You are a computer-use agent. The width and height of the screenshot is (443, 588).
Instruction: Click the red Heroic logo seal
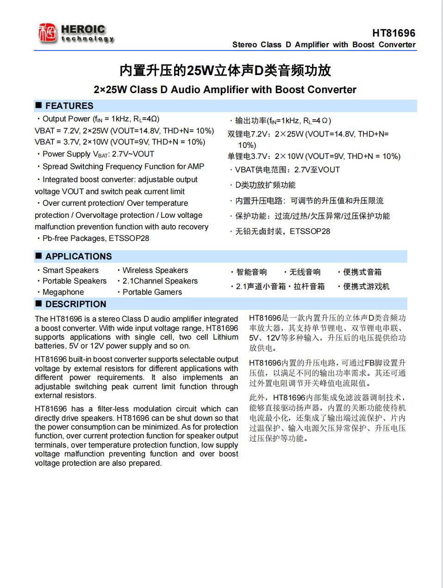[x=47, y=33]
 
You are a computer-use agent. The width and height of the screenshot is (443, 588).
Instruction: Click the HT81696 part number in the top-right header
[x=393, y=33]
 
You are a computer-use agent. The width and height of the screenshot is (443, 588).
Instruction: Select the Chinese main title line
[x=225, y=70]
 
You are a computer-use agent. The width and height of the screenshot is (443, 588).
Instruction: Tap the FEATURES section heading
[x=69, y=106]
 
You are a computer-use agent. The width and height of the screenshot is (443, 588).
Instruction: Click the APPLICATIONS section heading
[x=78, y=256]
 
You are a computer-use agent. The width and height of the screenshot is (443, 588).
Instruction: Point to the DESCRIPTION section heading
[x=75, y=304]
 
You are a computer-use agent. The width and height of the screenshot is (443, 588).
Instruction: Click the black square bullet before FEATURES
[x=39, y=106]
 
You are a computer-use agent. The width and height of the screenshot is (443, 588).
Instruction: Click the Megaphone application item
[x=63, y=292]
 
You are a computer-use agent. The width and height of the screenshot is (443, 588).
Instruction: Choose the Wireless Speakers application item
[x=155, y=270]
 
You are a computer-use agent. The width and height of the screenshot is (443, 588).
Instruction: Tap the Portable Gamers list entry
[x=152, y=292]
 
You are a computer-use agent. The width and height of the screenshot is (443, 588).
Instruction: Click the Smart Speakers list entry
[x=70, y=270]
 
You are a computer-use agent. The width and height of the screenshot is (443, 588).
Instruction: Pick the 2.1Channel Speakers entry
[x=160, y=281]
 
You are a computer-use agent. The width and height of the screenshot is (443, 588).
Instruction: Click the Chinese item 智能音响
[x=251, y=272]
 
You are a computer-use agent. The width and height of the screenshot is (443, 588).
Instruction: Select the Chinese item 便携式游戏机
[x=366, y=286]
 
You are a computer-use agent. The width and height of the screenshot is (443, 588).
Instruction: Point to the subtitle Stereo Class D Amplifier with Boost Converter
[x=324, y=44]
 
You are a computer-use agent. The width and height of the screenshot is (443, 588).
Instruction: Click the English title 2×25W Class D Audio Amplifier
[x=225, y=89]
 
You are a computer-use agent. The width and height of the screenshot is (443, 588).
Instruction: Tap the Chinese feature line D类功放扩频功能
[x=265, y=185]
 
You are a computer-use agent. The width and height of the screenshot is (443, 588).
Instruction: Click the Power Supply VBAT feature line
[x=98, y=154]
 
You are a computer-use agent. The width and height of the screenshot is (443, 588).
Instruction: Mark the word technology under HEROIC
[x=87, y=39]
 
